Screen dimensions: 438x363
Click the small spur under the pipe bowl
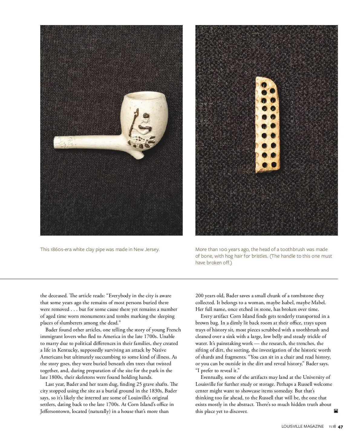pos(139,155)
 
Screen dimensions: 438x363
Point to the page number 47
pos(340,427)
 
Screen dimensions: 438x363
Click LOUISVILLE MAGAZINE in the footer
pos(302,427)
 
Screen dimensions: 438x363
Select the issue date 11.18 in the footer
pos(332,427)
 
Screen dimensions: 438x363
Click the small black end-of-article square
pos(335,411)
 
